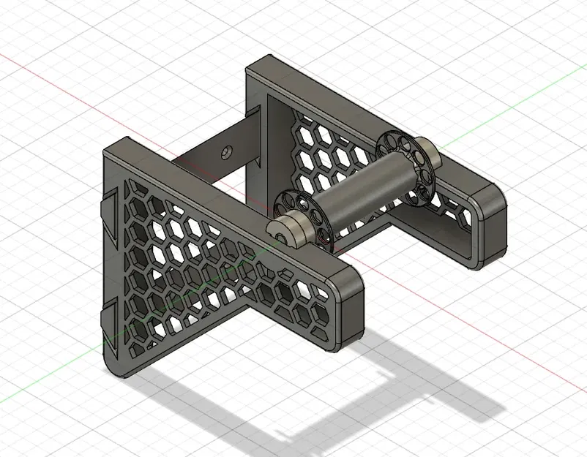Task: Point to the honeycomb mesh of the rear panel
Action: [329, 154]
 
